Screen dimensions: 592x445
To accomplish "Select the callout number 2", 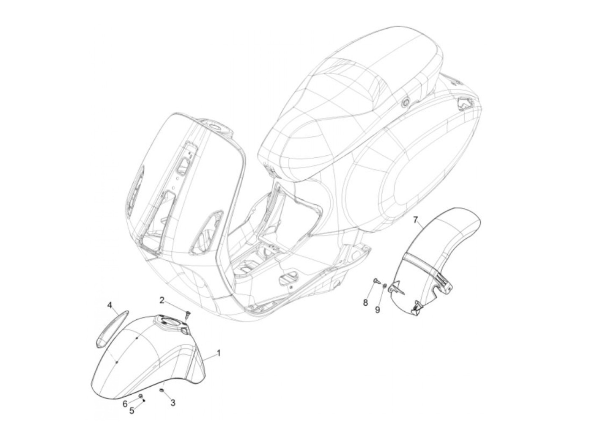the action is [x=162, y=300].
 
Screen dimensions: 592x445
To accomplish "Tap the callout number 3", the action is [x=173, y=403].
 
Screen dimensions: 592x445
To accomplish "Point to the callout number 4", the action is [x=110, y=305].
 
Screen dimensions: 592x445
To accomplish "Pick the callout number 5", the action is [x=132, y=410].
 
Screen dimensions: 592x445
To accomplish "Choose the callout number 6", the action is [x=125, y=403].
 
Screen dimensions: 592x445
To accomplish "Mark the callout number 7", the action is [x=415, y=220].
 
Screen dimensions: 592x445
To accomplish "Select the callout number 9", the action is [x=378, y=310].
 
